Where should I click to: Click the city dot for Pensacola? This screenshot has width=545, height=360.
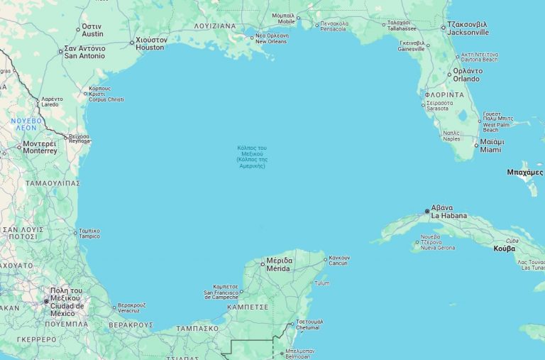click(x=317, y=24)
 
